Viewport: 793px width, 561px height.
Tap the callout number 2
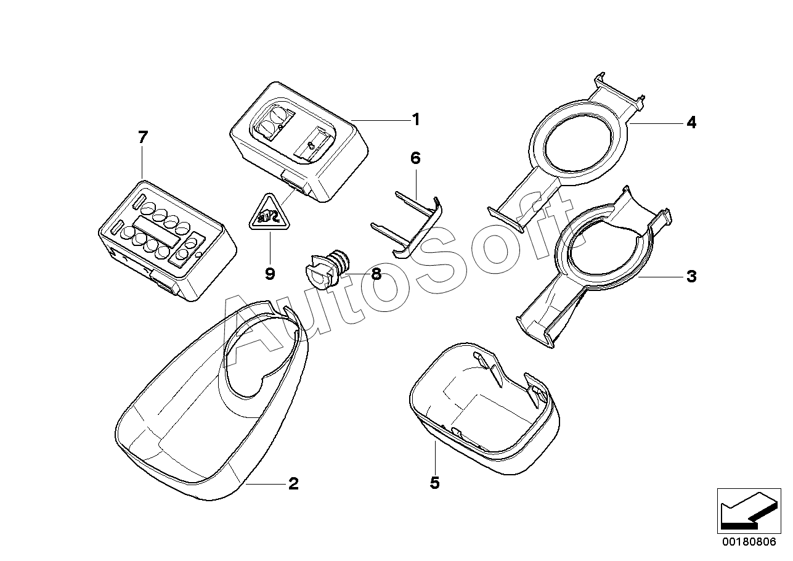coord(293,484)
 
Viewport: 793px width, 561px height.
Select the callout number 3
coord(691,277)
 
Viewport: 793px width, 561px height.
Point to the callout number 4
coord(691,123)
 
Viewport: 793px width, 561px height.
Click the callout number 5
coord(434,483)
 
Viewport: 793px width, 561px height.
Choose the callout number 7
coord(143,137)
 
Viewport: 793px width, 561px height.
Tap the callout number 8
coord(376,274)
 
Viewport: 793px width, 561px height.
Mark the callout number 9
coord(269,274)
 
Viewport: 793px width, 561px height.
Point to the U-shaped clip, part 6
coord(410,225)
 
